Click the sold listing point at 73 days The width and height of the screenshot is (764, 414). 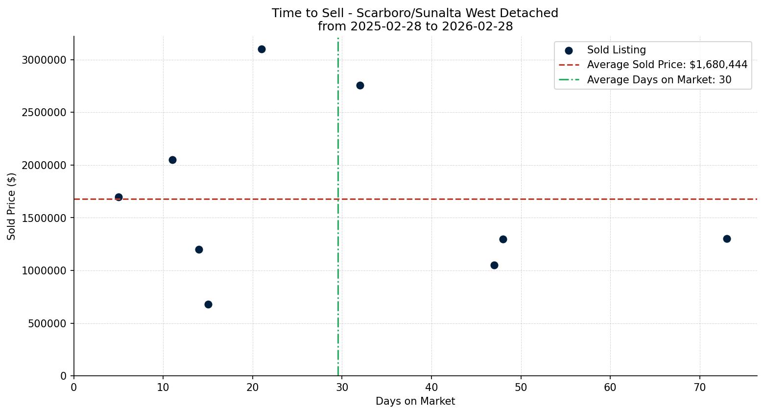pyautogui.click(x=727, y=239)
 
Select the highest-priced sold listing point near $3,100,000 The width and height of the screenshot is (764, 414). pyautogui.click(x=262, y=49)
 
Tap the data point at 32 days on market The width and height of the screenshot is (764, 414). pyautogui.click(x=360, y=85)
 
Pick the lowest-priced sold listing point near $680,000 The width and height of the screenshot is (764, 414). pyautogui.click(x=208, y=304)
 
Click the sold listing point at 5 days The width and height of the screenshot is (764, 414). pyautogui.click(x=119, y=197)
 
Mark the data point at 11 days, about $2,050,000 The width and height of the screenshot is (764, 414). pyautogui.click(x=172, y=160)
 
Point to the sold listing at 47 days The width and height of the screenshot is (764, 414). pyautogui.click(x=494, y=265)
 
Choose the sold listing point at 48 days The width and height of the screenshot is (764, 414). pyautogui.click(x=503, y=239)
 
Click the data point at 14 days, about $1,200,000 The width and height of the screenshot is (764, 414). pyautogui.click(x=199, y=249)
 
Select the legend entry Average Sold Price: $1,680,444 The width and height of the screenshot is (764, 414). pyautogui.click(x=667, y=65)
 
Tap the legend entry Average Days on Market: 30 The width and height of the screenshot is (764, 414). pyautogui.click(x=659, y=80)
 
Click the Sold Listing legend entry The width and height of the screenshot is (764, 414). pyautogui.click(x=616, y=50)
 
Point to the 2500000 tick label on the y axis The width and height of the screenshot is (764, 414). pyautogui.click(x=44, y=113)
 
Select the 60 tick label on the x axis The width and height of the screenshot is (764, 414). pyautogui.click(x=610, y=388)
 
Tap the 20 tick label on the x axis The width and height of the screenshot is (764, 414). pyautogui.click(x=253, y=388)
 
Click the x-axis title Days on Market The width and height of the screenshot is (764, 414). pyautogui.click(x=415, y=401)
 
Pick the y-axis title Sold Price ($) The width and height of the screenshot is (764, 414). pyautogui.click(x=12, y=206)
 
